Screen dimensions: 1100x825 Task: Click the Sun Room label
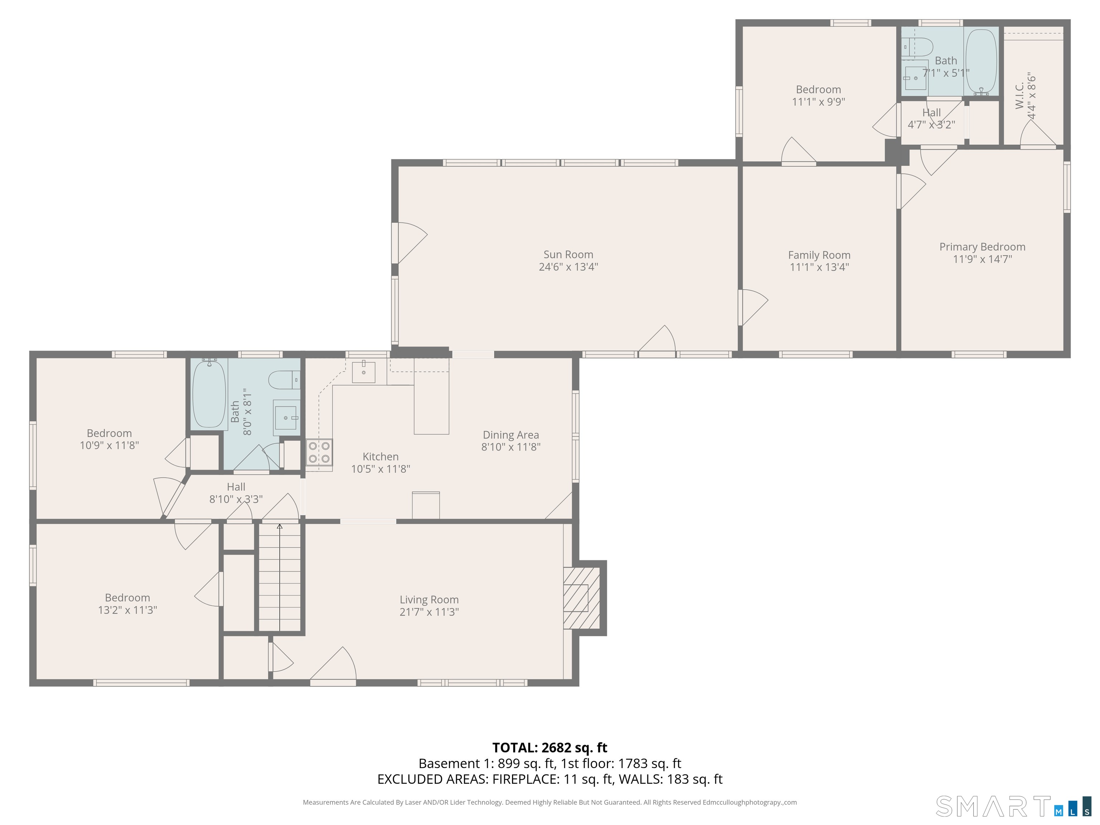(568, 255)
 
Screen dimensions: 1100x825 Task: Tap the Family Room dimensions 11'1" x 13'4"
(819, 267)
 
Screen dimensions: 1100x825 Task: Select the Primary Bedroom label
(982, 247)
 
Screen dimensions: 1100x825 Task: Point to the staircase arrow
(279, 577)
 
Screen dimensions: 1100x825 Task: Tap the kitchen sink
(363, 372)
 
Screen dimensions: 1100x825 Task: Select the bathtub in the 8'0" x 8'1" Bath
(209, 393)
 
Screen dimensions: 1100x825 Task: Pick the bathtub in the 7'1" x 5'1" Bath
(981, 61)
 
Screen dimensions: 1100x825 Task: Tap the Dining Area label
(511, 435)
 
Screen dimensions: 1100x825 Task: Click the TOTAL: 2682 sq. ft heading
(550, 747)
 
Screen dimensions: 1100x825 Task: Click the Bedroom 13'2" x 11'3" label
(127, 604)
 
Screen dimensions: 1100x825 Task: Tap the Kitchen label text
(380, 457)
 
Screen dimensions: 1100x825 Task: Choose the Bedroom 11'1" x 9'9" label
(819, 96)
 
